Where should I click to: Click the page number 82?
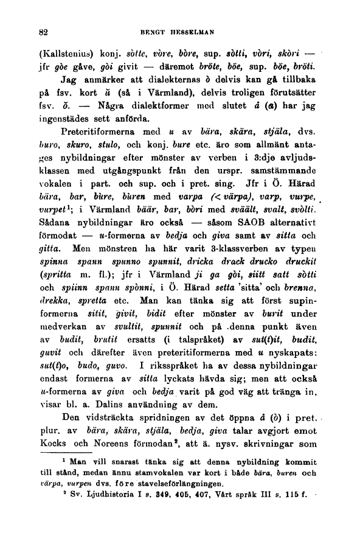(43, 30)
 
